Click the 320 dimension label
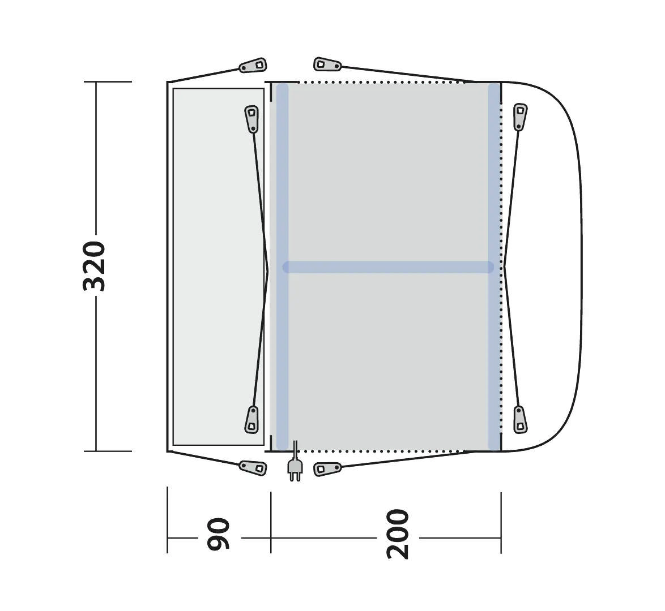[94, 266]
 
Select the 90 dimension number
[219, 533]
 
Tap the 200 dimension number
[398, 534]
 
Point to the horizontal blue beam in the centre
[388, 267]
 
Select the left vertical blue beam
[282, 266]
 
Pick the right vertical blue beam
[494, 266]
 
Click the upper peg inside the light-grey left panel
[252, 118]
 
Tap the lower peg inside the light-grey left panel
[252, 419]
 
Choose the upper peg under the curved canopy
[521, 117]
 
